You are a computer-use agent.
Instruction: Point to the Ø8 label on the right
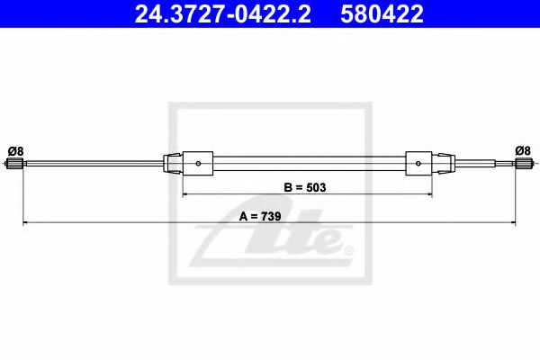click(x=522, y=150)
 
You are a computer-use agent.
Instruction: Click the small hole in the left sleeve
click(x=198, y=164)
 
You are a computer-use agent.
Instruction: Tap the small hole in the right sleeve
click(x=419, y=164)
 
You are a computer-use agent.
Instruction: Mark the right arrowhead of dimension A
click(x=513, y=221)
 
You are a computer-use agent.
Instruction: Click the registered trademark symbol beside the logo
click(x=348, y=249)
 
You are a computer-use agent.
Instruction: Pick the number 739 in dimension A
click(x=273, y=215)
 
